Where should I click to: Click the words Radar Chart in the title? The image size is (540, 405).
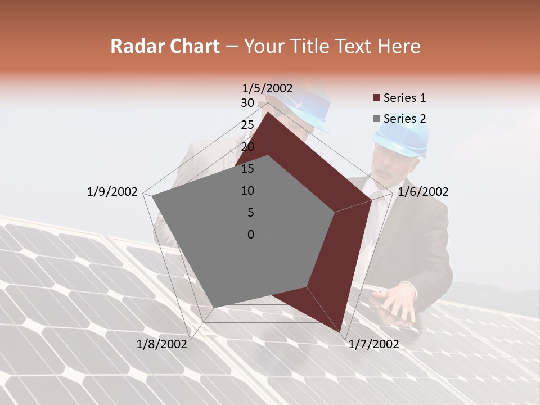point(165,47)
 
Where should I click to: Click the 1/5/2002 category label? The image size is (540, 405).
point(268,88)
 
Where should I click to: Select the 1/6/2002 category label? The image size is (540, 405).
point(423,192)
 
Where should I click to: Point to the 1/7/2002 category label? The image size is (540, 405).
point(373,344)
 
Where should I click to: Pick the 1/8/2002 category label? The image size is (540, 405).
point(162,344)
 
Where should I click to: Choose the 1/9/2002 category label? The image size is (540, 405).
point(112,192)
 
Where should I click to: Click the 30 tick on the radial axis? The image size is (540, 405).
point(247,103)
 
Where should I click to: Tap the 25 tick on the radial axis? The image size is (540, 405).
point(247,125)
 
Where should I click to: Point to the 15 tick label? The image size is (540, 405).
point(247,169)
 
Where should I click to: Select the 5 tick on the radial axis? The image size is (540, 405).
point(250,213)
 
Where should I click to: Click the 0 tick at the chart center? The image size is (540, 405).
point(251,235)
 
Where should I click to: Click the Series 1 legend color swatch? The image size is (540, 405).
point(376,98)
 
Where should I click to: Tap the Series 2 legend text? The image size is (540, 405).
point(404,119)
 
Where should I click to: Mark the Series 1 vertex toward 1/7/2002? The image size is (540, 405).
point(340,332)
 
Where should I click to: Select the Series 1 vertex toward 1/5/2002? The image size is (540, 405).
point(268,112)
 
